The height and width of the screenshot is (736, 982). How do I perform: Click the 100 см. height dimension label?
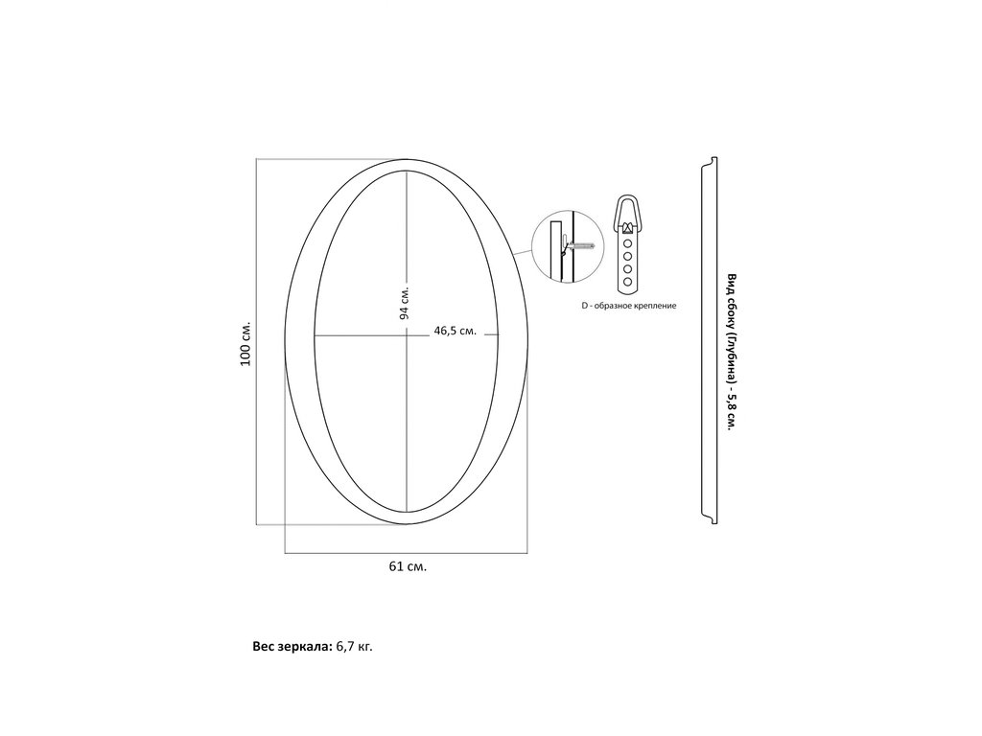(x=245, y=344)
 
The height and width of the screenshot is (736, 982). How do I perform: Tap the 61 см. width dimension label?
(x=408, y=566)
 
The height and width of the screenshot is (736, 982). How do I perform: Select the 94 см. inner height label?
(x=405, y=304)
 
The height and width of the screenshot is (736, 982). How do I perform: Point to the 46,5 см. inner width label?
(x=456, y=331)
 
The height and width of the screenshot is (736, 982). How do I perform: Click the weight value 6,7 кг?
(x=355, y=647)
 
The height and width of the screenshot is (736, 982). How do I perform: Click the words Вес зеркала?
(x=292, y=647)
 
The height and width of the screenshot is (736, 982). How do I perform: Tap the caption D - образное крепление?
(x=629, y=306)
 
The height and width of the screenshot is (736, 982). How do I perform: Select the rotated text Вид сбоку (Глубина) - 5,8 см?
(x=731, y=352)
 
